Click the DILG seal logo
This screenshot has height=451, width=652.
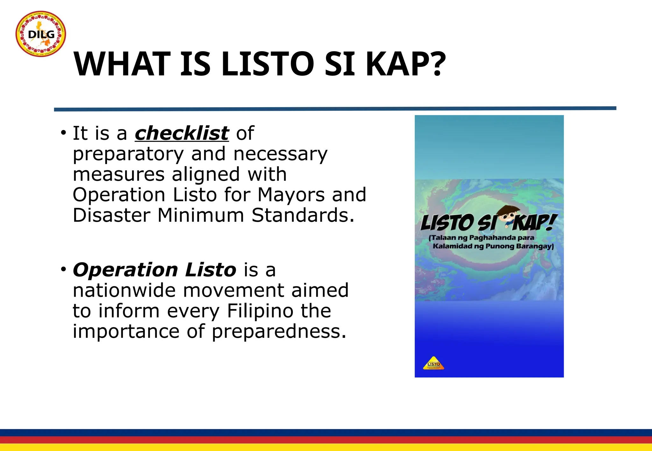pos(41,34)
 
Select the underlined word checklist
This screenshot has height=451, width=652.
pos(182,133)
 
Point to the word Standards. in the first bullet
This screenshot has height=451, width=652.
pos(303,215)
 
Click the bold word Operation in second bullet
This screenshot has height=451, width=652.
pos(125,270)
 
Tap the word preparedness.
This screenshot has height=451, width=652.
pos(279,331)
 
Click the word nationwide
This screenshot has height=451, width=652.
pos(124,290)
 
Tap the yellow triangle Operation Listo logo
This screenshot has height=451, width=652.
pos(434,364)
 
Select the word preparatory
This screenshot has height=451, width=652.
pos(128,154)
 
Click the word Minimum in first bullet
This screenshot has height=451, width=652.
pos(201,215)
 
